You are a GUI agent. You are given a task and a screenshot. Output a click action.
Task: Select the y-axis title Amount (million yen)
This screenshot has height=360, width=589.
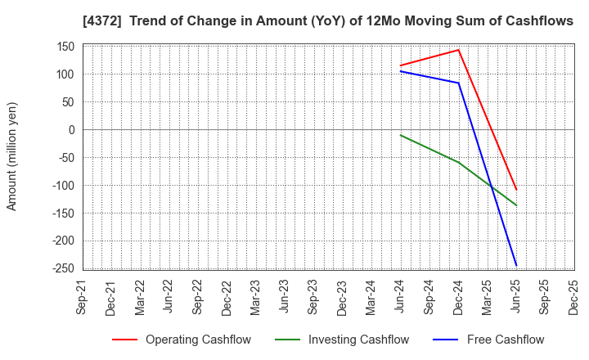coord(11,156)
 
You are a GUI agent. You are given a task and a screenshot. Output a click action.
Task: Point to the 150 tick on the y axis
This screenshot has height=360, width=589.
coord(65,47)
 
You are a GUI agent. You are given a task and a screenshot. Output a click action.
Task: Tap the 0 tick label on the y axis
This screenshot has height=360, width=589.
coord(71,130)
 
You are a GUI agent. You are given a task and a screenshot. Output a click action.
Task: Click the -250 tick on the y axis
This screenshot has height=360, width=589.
coord(63,268)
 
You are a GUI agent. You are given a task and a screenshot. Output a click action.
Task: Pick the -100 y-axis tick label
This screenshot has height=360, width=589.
coord(63,186)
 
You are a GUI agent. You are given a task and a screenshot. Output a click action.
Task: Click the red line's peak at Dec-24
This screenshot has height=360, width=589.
coord(459,50)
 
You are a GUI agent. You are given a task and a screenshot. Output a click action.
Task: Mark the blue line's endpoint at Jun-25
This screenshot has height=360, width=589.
coord(516,266)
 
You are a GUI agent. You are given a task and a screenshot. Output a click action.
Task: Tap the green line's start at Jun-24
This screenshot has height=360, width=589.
coord(401,135)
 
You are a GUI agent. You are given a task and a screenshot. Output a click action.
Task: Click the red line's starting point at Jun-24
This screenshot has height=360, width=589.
coord(401,65)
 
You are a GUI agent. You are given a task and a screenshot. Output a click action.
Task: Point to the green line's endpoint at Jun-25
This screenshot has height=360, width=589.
coord(516,205)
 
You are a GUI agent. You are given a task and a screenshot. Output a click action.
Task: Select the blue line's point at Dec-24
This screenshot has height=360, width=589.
coord(459,83)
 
